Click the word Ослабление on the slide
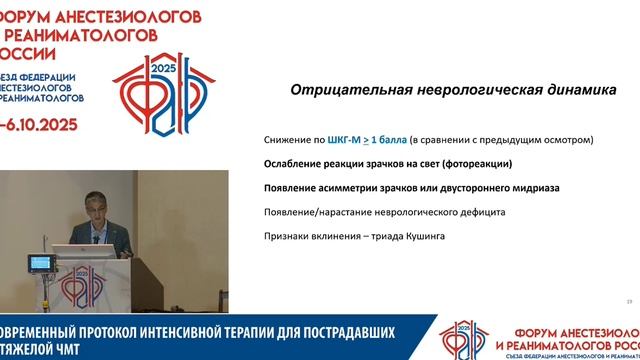(x=299, y=163)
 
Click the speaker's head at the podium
(x=89, y=204)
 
